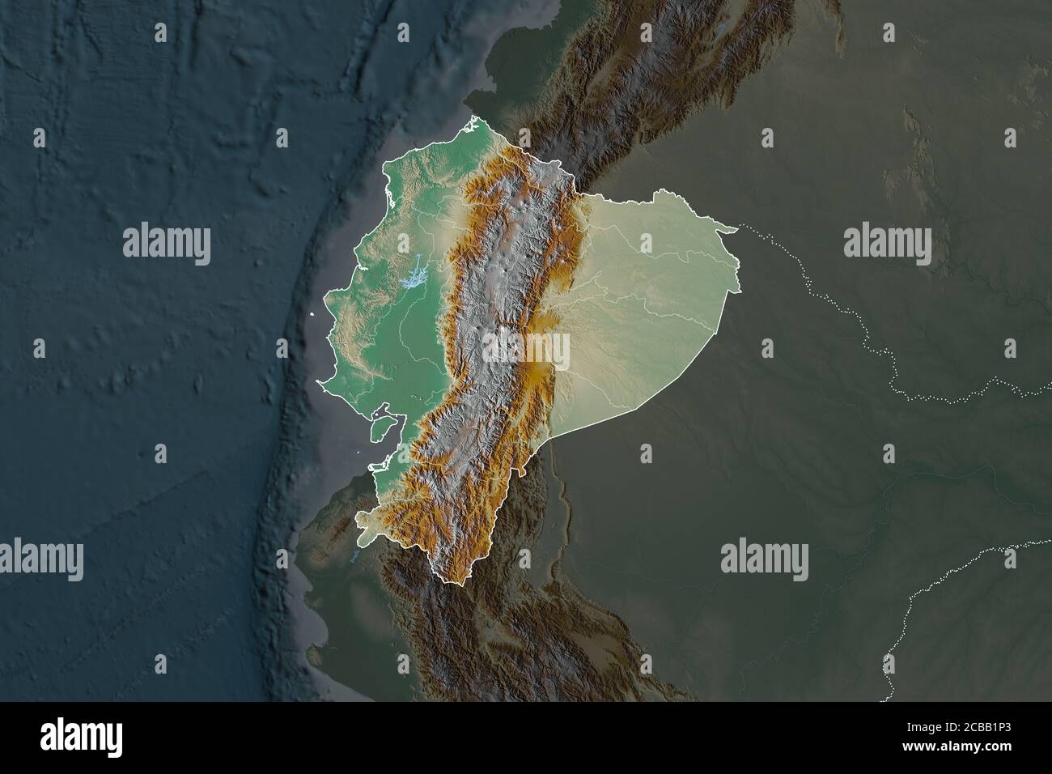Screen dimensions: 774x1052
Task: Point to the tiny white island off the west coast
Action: (312, 315)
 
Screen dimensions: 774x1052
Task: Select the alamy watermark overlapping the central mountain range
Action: (526, 350)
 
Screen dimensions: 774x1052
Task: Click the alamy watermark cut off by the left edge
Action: (40, 558)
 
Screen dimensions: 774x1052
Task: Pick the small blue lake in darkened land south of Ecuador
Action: (354, 558)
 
